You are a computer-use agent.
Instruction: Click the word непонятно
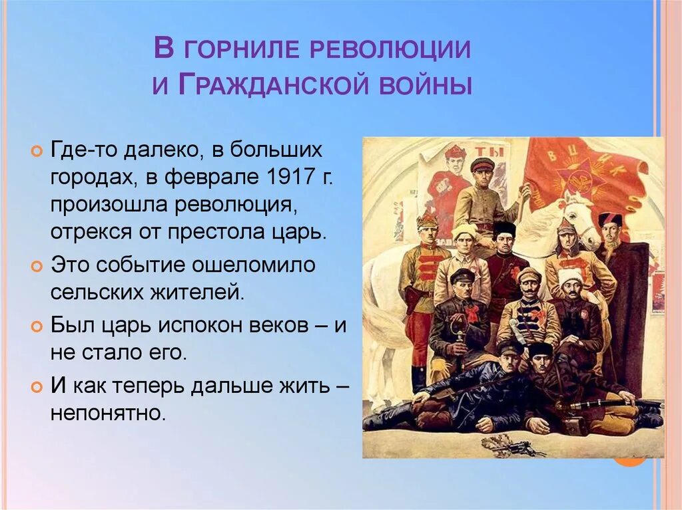coord(107,413)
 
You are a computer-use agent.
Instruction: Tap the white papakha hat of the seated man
coord(570,275)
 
